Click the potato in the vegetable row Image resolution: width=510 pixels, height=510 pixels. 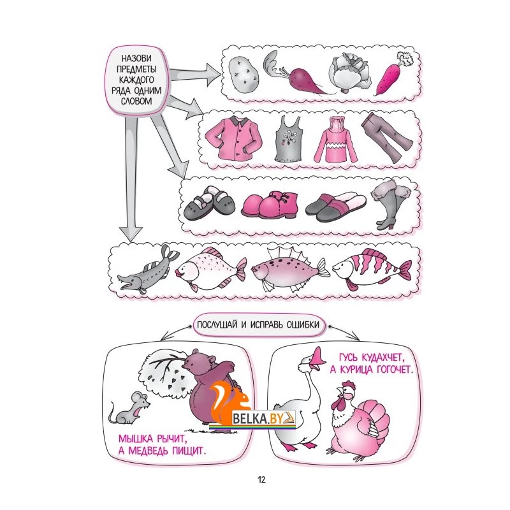244,75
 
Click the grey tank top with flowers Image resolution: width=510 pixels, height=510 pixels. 289,140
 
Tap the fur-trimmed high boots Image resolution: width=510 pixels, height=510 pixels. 390,205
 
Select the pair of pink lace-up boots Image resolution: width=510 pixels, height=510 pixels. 269,204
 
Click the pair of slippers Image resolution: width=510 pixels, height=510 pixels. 335,207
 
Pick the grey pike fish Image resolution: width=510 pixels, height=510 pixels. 148,271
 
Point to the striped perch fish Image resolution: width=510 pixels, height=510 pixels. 372,268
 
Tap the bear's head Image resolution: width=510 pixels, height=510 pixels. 200,361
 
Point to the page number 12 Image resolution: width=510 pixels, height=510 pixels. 261,480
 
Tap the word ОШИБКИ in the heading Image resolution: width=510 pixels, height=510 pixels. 303,325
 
